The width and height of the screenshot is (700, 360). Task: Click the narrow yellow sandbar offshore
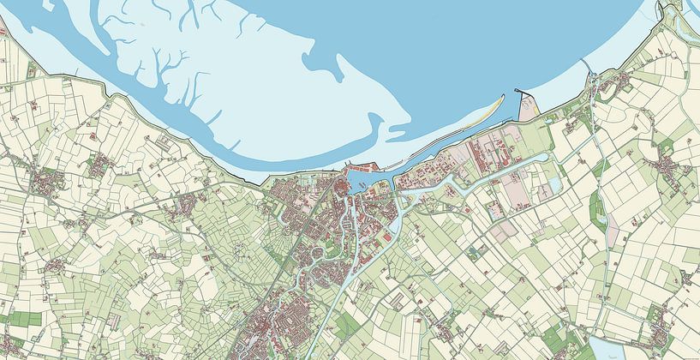(488, 109)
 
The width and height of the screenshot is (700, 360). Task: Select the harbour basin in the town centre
(357, 183)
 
